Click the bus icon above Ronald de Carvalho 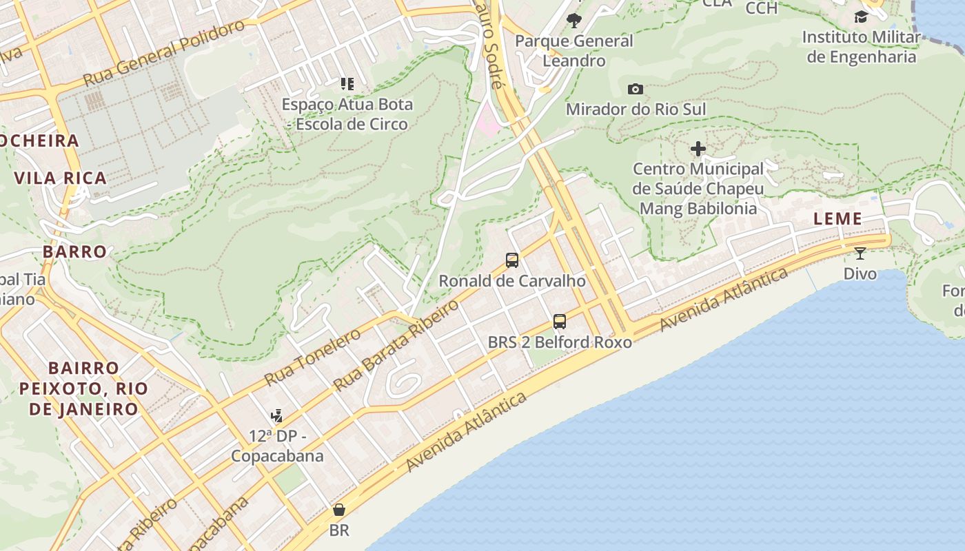512,260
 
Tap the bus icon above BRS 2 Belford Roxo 560,322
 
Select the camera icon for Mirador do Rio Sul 636,89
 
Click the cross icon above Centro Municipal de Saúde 698,149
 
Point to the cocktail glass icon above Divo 860,253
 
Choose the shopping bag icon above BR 339,510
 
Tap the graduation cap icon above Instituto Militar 861,17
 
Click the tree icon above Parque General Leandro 573,21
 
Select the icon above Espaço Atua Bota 347,84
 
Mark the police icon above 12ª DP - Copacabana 277,415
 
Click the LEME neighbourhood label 837,219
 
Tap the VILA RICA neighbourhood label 61,178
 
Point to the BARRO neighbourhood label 75,251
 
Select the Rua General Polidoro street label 164,53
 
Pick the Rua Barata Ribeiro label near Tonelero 396,345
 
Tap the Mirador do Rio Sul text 636,109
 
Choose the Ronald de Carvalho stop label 512,281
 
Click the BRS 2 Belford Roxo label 560,342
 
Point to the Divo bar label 860,273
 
